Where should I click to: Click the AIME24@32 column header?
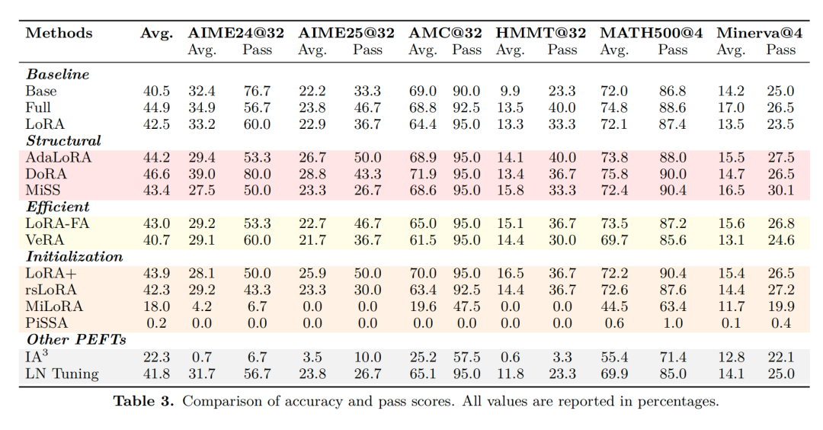(235, 33)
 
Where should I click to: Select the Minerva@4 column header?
(758, 33)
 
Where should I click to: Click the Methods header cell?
(59, 33)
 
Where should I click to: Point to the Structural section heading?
(63, 141)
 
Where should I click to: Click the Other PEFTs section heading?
(76, 339)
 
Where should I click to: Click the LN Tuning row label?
(62, 373)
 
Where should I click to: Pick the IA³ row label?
(37, 356)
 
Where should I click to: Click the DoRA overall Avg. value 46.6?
(156, 174)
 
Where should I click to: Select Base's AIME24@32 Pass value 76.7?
(256, 91)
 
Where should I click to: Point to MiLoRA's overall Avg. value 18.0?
(156, 306)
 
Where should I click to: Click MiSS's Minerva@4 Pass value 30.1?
(780, 190)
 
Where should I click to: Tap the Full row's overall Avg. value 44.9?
(156, 107)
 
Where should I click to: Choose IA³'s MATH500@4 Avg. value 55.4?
(613, 356)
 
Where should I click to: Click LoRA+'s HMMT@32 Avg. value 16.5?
(511, 273)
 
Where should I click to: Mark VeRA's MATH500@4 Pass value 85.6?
(673, 240)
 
